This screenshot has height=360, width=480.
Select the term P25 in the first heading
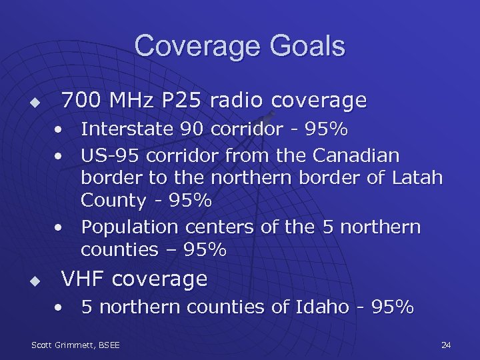[180, 101]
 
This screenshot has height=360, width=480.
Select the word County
[113, 201]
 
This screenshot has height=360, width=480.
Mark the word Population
[131, 227]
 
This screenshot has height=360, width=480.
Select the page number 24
[446, 345]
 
